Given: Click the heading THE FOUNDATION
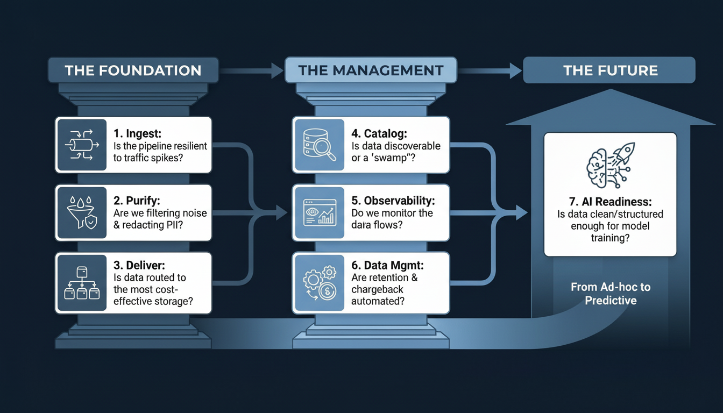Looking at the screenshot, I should click(133, 70).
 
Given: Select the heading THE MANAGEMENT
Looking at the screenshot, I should click(371, 70).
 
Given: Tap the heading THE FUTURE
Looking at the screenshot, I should click(610, 70).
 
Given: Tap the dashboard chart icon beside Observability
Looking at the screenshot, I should click(319, 213).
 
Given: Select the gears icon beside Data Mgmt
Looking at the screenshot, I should click(319, 283).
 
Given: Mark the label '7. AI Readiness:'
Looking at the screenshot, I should click(609, 202).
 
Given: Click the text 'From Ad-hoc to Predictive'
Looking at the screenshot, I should click(610, 294).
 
